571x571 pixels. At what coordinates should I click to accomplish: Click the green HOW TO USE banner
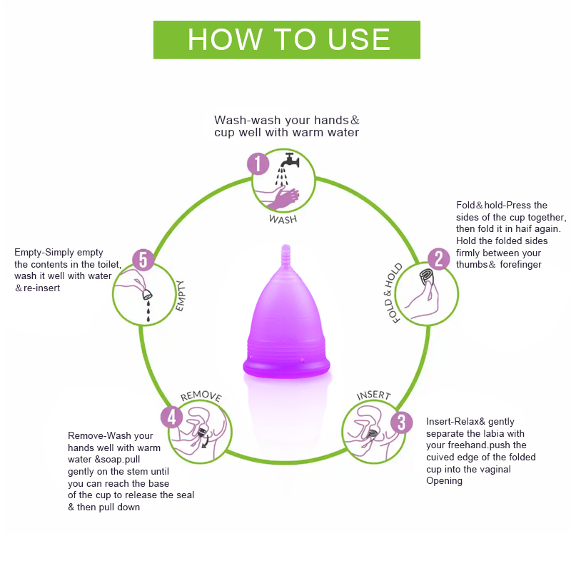[x=287, y=40]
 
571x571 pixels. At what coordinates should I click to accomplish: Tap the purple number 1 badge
[x=258, y=163]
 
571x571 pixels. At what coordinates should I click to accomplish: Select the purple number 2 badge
[x=438, y=259]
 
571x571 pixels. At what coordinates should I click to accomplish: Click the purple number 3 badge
[x=401, y=423]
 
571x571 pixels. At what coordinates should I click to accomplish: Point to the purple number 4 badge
[x=171, y=417]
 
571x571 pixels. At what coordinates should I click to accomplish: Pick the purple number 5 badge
[x=143, y=260]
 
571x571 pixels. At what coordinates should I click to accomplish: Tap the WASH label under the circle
[x=283, y=219]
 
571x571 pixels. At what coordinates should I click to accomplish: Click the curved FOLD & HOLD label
[x=393, y=293]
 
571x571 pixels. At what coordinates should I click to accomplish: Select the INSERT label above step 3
[x=373, y=395]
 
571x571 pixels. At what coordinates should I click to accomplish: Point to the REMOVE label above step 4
[x=201, y=396]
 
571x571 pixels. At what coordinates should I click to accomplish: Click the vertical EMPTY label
[x=181, y=295]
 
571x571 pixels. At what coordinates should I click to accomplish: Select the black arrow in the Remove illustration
[x=206, y=442]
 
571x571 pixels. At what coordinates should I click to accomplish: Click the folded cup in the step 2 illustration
[x=426, y=277]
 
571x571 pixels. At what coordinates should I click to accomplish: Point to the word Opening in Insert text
[x=444, y=480]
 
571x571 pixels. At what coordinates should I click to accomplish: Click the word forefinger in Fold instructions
[x=520, y=264]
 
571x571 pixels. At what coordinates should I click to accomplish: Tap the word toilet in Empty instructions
[x=108, y=264]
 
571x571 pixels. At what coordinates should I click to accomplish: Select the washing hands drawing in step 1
[x=278, y=198]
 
